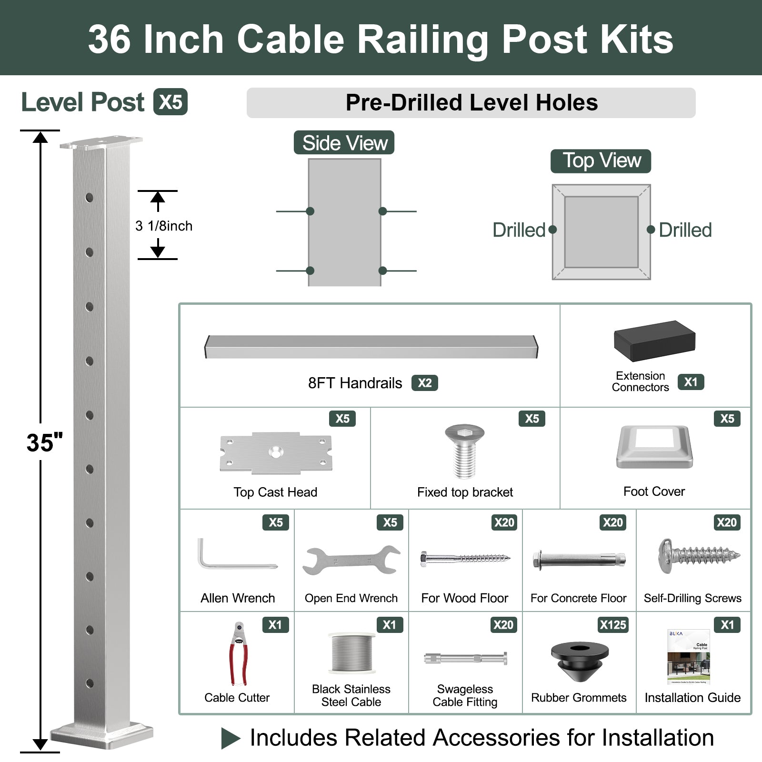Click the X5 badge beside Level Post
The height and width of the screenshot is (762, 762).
pos(170,102)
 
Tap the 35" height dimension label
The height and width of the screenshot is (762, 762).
pos(45,443)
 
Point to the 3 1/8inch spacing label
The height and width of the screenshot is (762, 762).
pos(164,226)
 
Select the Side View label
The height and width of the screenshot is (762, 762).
pos(344,143)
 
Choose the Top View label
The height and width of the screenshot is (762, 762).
pos(601,161)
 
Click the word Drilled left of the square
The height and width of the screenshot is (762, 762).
pos(519,230)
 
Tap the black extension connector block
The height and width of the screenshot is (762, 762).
pos(654,341)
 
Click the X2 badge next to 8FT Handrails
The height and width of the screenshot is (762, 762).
pos(424,383)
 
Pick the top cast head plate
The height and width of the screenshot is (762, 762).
pos(276,453)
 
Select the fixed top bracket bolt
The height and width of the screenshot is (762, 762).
pos(464,451)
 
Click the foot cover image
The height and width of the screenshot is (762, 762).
pos(654,447)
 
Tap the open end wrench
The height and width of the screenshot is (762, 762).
pos(351,560)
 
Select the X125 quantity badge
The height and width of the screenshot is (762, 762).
pos(613,625)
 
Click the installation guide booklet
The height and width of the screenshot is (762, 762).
pos(689,657)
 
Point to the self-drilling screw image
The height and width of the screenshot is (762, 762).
pos(699,556)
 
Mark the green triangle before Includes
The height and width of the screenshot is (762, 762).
pos(231,739)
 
